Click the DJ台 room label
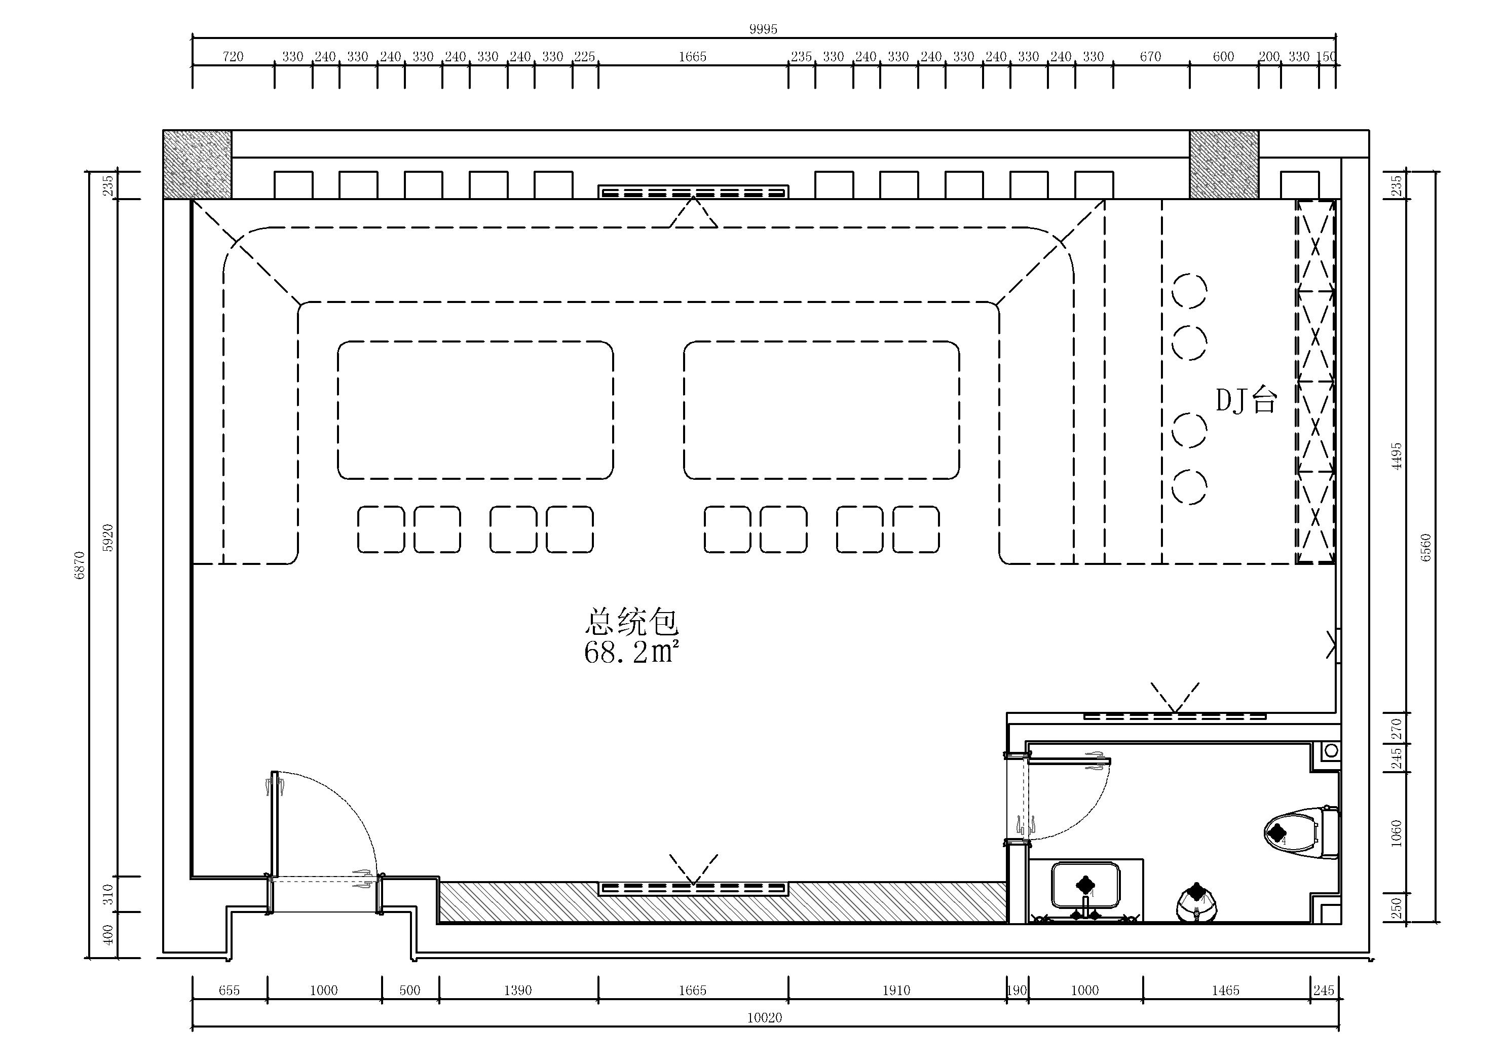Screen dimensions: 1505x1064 point(1246,400)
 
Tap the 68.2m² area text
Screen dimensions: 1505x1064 point(630,652)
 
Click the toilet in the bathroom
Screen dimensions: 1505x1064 point(1301,832)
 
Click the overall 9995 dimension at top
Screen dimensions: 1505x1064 point(763,29)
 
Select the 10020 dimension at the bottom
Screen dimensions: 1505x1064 point(764,1017)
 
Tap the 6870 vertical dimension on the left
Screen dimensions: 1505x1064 point(80,565)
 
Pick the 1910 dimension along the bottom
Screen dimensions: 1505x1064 point(896,990)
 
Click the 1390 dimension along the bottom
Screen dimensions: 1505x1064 point(518,990)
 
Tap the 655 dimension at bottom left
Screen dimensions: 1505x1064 point(230,990)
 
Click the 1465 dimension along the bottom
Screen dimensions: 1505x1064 point(1226,990)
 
